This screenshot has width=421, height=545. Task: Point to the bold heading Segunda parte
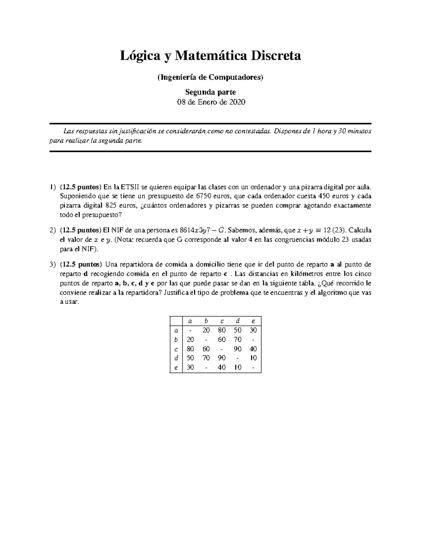[210, 92]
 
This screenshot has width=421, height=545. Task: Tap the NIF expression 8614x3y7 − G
[202, 231]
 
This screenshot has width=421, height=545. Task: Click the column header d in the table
[238, 321]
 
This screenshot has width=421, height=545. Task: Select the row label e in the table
[176, 368]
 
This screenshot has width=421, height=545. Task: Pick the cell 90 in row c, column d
[238, 349]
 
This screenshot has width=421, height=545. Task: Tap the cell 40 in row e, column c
[222, 368]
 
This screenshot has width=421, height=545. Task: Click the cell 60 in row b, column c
[222, 340]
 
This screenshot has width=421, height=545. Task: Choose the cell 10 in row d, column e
[253, 358]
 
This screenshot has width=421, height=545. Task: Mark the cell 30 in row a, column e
[253, 330]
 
